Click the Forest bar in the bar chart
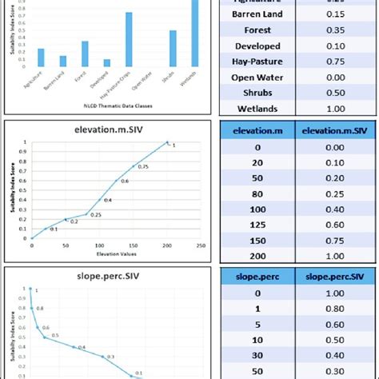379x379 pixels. pos(85,54)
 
